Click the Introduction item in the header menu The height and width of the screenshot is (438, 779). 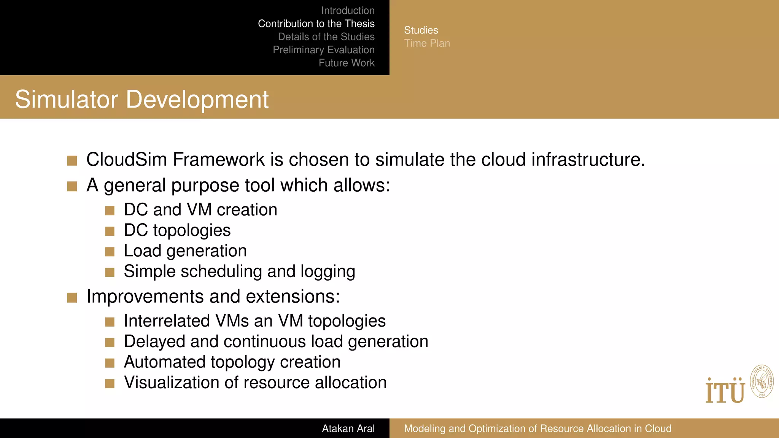(x=348, y=11)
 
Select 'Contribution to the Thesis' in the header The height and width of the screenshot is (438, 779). (x=316, y=24)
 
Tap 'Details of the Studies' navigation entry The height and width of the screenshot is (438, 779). (x=326, y=37)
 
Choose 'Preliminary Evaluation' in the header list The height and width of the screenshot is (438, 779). (x=323, y=50)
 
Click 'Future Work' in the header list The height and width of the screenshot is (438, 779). (x=347, y=63)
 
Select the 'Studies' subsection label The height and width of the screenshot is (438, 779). (x=421, y=30)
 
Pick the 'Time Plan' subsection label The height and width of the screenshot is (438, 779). (x=427, y=43)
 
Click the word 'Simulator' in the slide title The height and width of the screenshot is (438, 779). (x=67, y=100)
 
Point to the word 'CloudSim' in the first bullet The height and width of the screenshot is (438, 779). (x=127, y=159)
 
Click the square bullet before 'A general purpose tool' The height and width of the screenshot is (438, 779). (x=72, y=186)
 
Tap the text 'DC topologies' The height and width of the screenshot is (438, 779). (x=177, y=230)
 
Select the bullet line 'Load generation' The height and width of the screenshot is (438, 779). (x=185, y=251)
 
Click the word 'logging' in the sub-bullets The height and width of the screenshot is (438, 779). (x=327, y=272)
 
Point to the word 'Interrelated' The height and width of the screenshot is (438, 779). (x=167, y=321)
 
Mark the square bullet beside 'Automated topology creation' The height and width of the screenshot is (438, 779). (x=110, y=363)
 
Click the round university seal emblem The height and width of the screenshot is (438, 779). (x=762, y=382)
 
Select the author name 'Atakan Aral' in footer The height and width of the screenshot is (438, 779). (x=348, y=428)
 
